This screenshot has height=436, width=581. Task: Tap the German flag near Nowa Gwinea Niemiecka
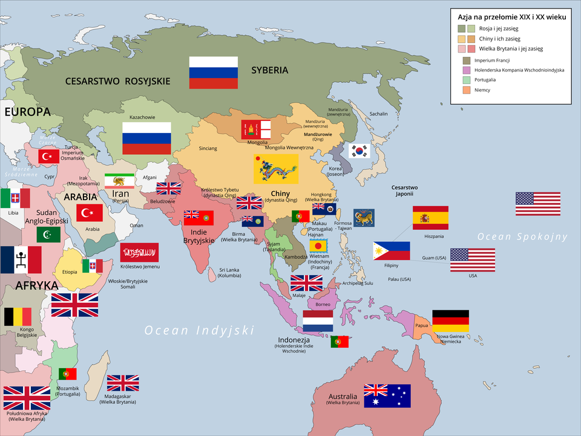[450, 321]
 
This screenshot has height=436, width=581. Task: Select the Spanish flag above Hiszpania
[430, 218]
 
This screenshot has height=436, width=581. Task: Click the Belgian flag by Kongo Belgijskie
[18, 317]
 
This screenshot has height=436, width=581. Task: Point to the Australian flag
[387, 395]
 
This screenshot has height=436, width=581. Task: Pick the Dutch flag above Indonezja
[318, 321]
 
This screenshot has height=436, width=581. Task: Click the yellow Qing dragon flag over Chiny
[275, 169]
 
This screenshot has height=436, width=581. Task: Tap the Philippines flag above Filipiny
[391, 250]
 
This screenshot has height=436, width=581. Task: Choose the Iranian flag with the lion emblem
[119, 181]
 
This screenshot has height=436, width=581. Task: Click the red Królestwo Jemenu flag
[139, 252]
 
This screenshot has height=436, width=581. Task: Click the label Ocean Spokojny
[522, 236]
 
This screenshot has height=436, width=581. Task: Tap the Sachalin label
[378, 114]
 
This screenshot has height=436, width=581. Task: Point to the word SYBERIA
[269, 70]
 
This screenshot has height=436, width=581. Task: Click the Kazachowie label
[143, 117]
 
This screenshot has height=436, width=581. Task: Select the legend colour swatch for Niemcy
[466, 90]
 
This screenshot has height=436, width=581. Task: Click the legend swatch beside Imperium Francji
[466, 60]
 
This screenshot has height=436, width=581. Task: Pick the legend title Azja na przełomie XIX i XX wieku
[511, 17]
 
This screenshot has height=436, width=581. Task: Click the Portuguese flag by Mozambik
[67, 374]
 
